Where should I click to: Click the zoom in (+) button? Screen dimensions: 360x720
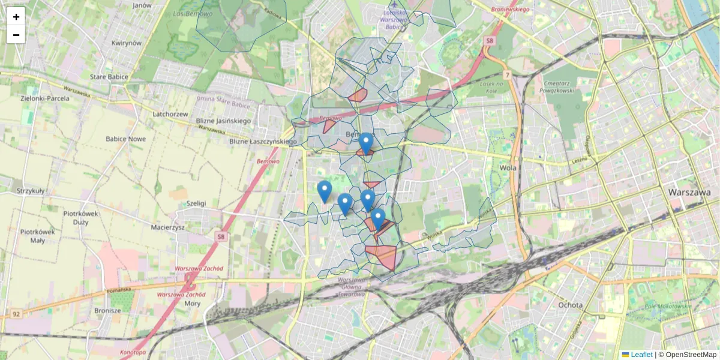[16, 17]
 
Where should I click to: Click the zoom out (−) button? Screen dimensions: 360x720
[16, 35]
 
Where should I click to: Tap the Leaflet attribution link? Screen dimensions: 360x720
[641, 355]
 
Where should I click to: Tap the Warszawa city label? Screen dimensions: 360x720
[689, 193]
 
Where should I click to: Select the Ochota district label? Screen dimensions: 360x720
[569, 305]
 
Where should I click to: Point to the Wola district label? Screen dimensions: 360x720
[508, 168]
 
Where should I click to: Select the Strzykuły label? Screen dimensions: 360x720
[31, 191]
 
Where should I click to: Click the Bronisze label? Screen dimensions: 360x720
[107, 311]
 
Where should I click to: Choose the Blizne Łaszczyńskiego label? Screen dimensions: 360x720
[263, 142]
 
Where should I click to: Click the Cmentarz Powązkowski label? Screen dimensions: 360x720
[558, 86]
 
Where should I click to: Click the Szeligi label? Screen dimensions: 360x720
[196, 203]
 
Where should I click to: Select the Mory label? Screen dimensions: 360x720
[193, 304]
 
